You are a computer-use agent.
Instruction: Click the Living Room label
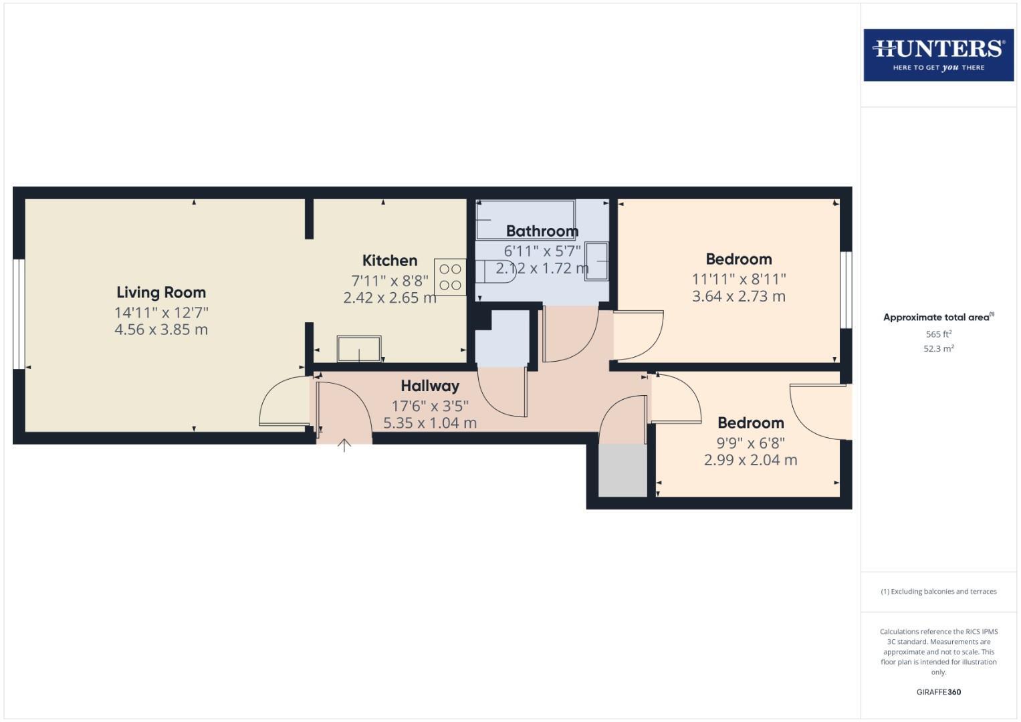161,292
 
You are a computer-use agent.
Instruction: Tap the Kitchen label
390,261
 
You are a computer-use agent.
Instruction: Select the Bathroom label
542,231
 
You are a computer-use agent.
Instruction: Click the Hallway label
430,386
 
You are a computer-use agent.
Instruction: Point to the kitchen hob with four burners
450,277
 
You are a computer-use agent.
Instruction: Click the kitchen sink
359,349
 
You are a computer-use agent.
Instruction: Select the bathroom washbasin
596,261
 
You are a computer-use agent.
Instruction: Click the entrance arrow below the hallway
344,445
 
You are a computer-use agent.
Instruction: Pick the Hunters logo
938,55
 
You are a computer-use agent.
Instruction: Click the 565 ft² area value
938,334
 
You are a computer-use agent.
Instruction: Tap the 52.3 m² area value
938,348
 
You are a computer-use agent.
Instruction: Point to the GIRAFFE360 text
938,692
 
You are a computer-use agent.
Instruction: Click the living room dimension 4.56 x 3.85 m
161,330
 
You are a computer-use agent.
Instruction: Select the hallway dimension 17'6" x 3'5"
430,406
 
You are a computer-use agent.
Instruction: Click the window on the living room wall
19,314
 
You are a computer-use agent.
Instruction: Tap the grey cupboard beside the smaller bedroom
622,471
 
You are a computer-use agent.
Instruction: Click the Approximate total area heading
938,318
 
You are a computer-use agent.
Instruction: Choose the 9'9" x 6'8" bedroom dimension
750,443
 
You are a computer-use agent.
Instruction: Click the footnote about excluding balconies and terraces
938,592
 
